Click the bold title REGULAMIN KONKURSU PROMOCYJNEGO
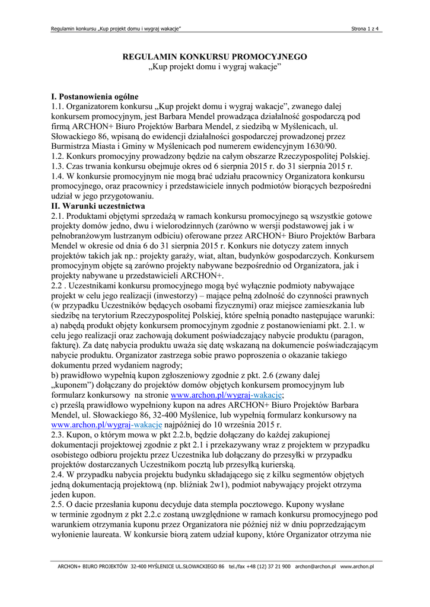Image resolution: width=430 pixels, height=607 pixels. [215, 57]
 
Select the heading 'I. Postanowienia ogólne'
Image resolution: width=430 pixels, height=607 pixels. [95, 97]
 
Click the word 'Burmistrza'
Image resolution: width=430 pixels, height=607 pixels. [72, 146]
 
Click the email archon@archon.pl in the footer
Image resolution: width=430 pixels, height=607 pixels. [315, 567]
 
